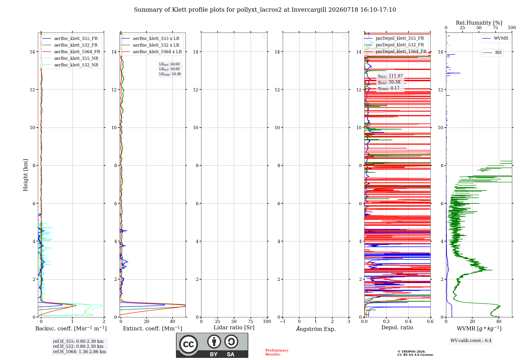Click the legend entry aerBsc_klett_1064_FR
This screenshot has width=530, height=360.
point(71,52)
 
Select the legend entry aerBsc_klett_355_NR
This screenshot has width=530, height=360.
point(70,58)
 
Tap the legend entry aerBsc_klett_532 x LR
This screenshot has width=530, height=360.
point(150,45)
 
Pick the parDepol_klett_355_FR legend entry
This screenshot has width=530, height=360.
point(394,38)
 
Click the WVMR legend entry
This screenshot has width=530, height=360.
point(495,38)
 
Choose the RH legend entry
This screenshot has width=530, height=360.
point(492,53)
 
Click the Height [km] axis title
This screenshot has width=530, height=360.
point(25,175)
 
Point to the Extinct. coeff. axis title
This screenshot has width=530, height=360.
point(153,328)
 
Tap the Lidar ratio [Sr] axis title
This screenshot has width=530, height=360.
point(234,328)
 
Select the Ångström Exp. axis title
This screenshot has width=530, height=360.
point(316,329)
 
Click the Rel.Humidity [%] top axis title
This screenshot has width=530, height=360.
point(479,23)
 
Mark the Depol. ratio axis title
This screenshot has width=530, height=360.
point(397,328)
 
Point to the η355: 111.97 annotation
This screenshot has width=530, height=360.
point(390,76)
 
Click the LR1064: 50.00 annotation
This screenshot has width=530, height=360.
point(170,74)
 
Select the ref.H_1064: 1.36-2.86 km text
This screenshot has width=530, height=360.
point(79,352)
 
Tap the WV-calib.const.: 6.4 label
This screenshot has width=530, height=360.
point(471,341)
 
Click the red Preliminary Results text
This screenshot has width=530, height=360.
point(277,352)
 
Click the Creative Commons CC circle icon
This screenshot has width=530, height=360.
point(188,344)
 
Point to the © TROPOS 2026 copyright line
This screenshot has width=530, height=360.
point(412,352)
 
